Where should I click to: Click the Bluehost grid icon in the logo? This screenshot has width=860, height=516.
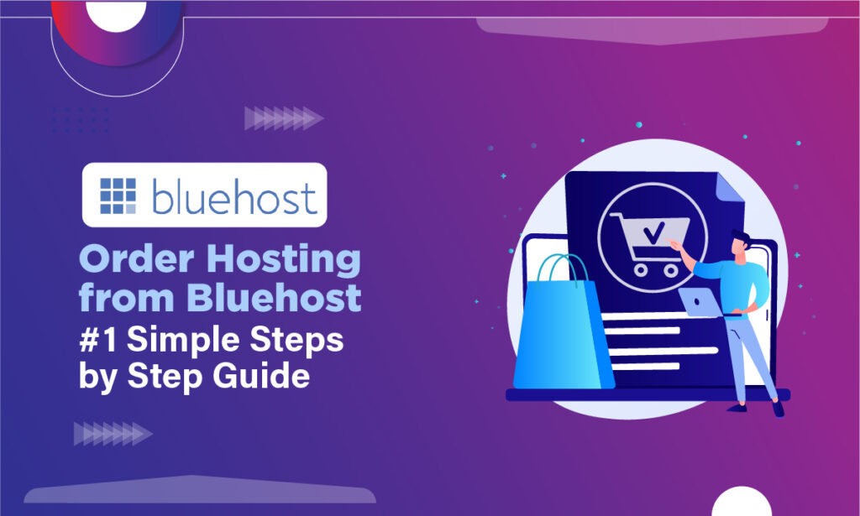[117, 195]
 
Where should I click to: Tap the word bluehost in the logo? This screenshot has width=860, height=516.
[234, 196]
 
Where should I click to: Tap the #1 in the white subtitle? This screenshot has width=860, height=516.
[99, 339]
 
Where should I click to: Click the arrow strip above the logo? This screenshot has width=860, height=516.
[283, 118]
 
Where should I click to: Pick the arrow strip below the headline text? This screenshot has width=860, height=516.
[113, 434]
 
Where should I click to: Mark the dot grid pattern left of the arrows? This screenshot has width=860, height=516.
[80, 119]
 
